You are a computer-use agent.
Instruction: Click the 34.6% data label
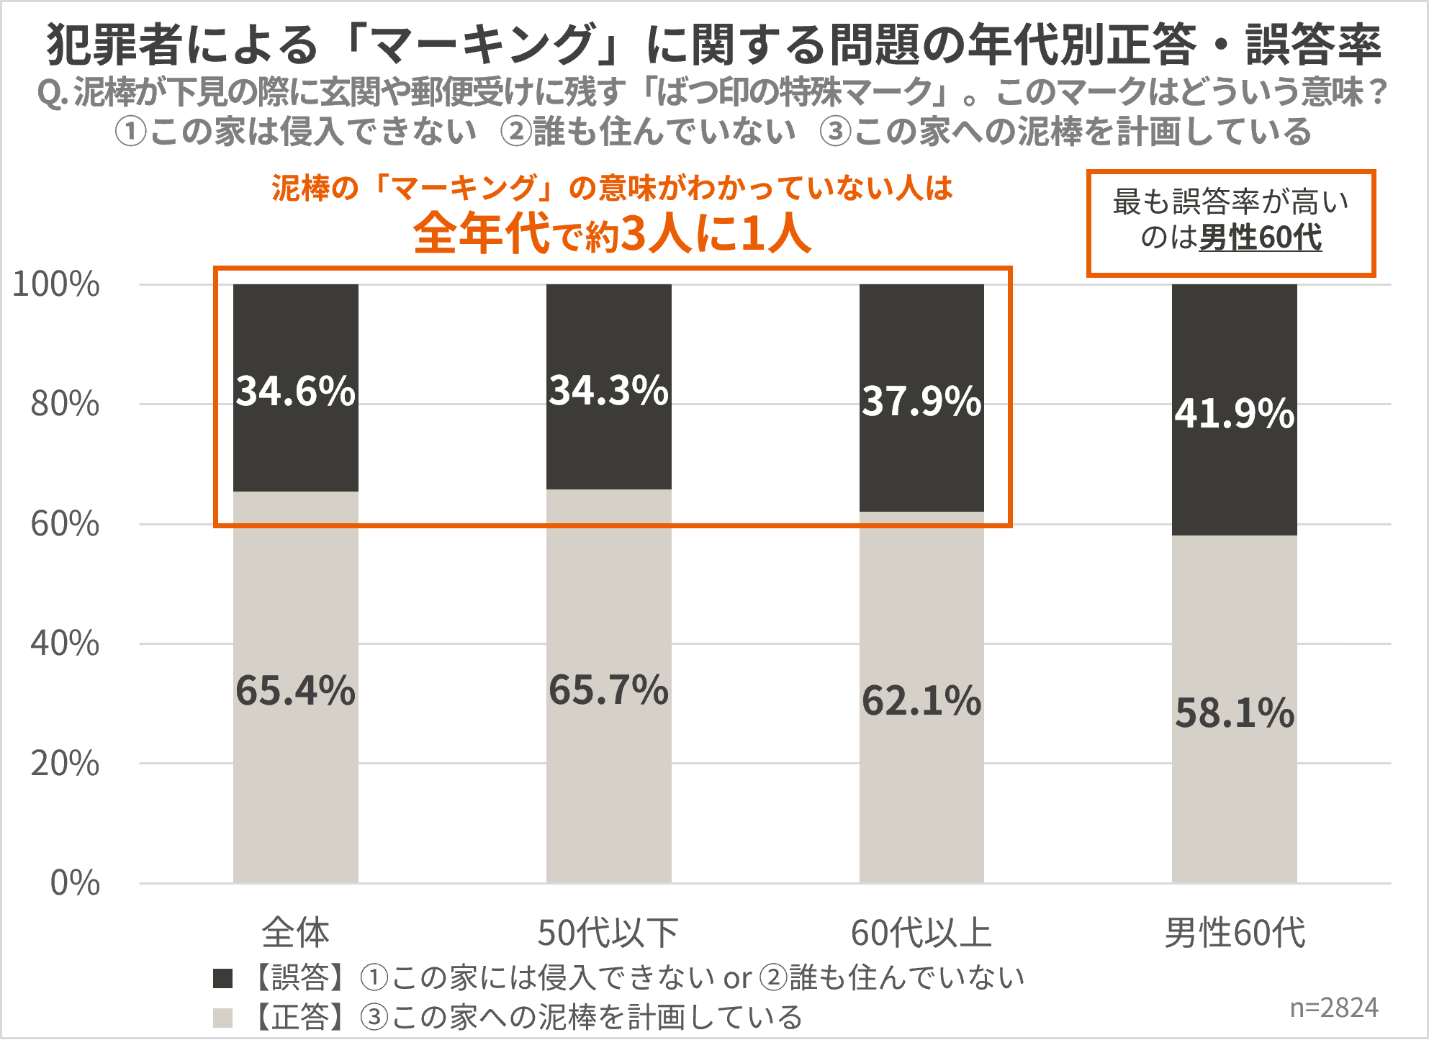[x=296, y=391]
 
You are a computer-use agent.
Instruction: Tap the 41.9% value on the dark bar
[x=1235, y=414]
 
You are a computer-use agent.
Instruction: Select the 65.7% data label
[x=609, y=690]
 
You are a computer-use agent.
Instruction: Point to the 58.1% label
[x=1235, y=713]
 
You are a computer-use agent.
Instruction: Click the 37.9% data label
[x=921, y=401]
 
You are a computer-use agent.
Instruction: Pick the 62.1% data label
[x=921, y=701]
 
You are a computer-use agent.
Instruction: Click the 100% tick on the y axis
[x=56, y=284]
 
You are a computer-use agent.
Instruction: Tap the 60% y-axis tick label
[x=65, y=524]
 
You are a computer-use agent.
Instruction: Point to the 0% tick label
[x=75, y=883]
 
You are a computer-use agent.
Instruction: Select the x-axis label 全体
[x=295, y=933]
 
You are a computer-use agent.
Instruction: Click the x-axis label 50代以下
[x=608, y=933]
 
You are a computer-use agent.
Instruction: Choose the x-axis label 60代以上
[x=921, y=933]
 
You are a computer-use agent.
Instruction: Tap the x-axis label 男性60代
[x=1235, y=933]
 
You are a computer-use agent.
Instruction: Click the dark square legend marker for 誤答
[x=223, y=978]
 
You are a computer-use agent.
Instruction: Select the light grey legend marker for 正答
[x=223, y=1018]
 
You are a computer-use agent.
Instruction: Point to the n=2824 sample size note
[x=1334, y=1008]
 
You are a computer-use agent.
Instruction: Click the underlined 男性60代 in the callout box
[x=1261, y=238]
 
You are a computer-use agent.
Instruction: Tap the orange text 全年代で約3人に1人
[x=613, y=234]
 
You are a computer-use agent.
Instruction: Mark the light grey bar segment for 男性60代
[x=1235, y=792]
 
